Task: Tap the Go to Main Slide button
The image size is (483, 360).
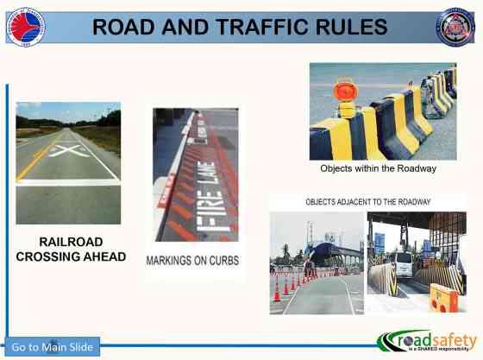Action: coord(53,347)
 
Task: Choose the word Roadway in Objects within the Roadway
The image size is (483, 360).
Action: coord(415,168)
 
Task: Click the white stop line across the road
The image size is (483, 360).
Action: coord(68,183)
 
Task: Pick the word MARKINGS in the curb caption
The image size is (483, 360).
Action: coord(168,260)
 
